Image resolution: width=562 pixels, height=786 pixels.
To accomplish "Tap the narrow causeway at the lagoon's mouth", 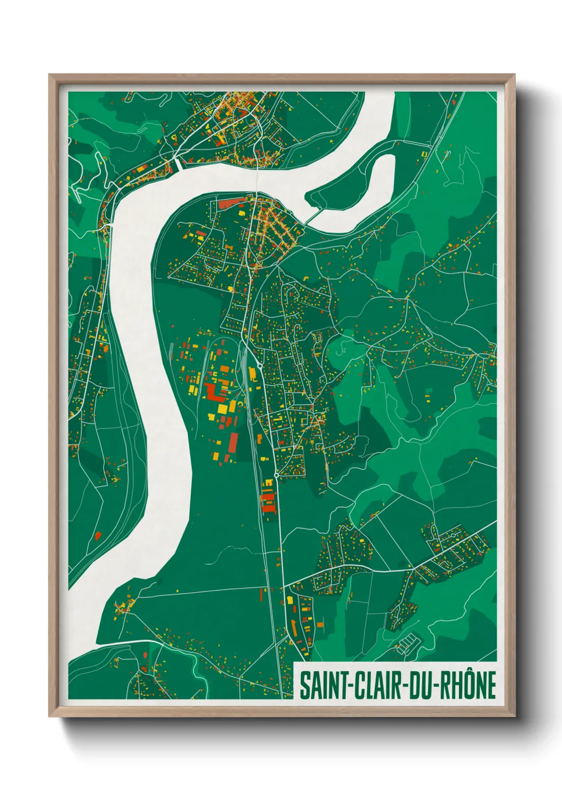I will (313, 215).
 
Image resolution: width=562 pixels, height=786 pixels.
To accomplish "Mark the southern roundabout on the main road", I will (276, 474).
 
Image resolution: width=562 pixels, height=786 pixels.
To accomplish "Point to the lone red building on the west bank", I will (98, 535).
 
